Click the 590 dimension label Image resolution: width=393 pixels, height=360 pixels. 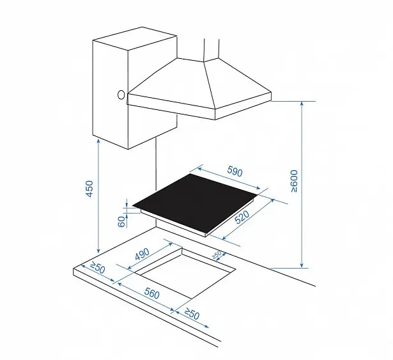click(x=235, y=171)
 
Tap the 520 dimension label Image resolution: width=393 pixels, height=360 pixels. click(x=242, y=217)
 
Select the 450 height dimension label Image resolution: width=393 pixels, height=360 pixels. click(x=89, y=189)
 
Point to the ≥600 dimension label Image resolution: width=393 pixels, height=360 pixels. click(x=294, y=181)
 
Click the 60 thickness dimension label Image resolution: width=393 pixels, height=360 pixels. click(x=121, y=221)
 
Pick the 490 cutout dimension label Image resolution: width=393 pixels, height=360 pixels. click(x=142, y=254)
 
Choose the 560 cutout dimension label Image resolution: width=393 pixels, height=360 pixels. click(x=152, y=293)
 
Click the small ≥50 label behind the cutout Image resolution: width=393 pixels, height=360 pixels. click(x=217, y=254)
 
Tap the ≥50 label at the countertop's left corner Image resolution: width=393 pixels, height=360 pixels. click(x=97, y=267)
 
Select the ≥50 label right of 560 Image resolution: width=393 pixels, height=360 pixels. click(x=192, y=313)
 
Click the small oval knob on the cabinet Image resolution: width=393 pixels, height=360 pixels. click(x=121, y=95)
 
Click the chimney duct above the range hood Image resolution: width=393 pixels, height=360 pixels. click(x=212, y=49)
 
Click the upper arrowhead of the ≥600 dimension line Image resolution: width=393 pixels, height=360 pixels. click(x=302, y=104)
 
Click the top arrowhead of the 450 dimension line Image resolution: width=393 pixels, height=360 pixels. click(x=98, y=142)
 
